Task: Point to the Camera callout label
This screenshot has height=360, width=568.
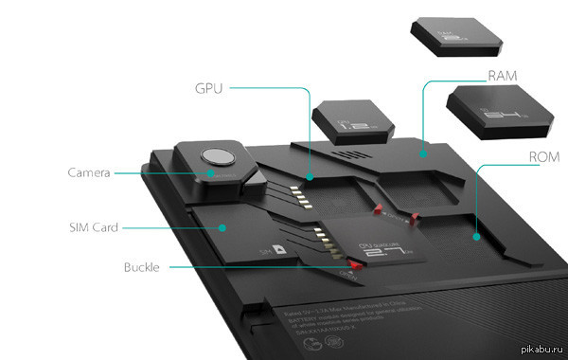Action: tap(90, 172)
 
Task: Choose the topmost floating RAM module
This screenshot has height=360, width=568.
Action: tap(456, 35)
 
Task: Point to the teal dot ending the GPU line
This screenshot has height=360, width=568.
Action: tap(310, 176)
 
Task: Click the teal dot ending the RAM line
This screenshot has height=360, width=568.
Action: tap(424, 152)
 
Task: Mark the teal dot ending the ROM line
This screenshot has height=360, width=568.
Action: tap(474, 237)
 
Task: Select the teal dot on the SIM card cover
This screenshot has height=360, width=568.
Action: tap(222, 227)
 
